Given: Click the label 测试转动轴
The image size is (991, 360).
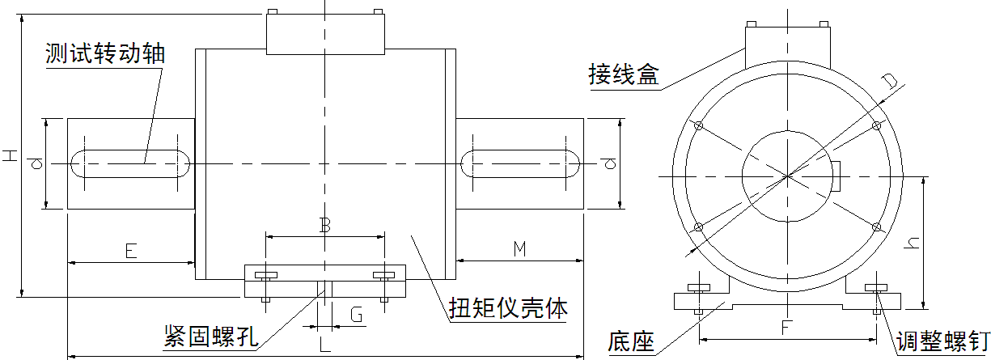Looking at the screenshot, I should coord(105,54).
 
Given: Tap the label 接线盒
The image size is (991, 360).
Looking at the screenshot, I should coord(624,76).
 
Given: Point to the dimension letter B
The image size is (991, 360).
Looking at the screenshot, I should coord(324,226).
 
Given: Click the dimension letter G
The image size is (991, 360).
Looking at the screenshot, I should coord(356,314).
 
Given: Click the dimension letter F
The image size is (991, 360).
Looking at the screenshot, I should coord(786,328).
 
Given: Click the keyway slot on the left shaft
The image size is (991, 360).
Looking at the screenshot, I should coord(130,163).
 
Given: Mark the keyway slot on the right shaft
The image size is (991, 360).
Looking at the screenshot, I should coord(519,163).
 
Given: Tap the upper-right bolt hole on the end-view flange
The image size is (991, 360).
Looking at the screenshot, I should coord(875,126).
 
